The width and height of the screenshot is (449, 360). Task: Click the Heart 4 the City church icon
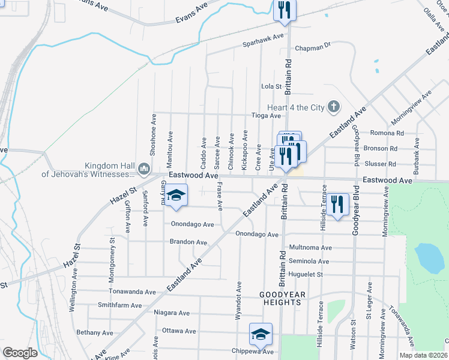click(x=334, y=107)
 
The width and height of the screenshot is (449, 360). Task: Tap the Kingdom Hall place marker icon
click(x=143, y=169)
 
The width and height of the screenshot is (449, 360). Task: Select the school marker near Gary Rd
click(x=176, y=196)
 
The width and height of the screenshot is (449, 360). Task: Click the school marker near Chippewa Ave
click(x=261, y=335)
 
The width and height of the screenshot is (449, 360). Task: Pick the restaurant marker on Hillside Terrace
click(x=337, y=205)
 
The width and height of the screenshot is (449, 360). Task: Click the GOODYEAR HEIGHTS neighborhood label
click(x=280, y=299)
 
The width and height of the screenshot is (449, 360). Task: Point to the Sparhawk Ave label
click(x=262, y=40)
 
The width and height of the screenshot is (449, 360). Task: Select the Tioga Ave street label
click(x=266, y=115)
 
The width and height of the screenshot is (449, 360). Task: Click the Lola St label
click(x=271, y=86)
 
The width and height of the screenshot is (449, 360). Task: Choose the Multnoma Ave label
click(x=310, y=247)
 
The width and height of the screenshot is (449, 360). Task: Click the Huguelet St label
click(x=306, y=275)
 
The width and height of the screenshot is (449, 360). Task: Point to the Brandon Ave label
click(x=188, y=242)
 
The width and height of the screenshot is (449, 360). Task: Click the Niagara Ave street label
click(x=172, y=313)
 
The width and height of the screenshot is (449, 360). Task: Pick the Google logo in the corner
click(x=20, y=353)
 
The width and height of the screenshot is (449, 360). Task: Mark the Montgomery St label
click(x=111, y=263)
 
